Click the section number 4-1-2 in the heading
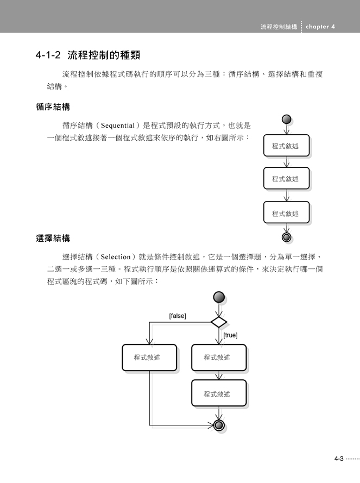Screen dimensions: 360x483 click(x=48, y=55)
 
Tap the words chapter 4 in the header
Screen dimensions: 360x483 click(x=320, y=27)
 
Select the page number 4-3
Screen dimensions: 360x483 click(x=339, y=459)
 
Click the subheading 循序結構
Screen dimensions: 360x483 click(x=53, y=107)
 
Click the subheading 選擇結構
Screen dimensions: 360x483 click(x=53, y=238)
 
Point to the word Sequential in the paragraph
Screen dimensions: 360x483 click(x=118, y=126)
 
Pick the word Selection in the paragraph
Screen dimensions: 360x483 click(x=116, y=257)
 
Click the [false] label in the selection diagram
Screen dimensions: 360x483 click(x=178, y=316)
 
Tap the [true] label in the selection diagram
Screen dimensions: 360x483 click(x=230, y=335)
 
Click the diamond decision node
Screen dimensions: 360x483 click(x=219, y=322)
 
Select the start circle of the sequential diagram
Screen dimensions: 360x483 click(x=286, y=119)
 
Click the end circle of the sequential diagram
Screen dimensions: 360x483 click(x=286, y=237)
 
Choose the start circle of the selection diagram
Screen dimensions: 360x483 click(x=219, y=298)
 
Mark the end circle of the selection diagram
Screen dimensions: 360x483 click(x=219, y=425)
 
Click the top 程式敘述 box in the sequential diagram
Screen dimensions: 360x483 click(x=286, y=146)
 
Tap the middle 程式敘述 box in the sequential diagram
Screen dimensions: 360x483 click(x=286, y=178)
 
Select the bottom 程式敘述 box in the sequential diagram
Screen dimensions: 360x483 click(x=286, y=212)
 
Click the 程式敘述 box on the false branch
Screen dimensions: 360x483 click(x=149, y=357)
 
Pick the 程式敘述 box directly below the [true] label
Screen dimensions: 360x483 click(x=219, y=357)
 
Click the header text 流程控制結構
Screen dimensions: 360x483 click(x=279, y=27)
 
